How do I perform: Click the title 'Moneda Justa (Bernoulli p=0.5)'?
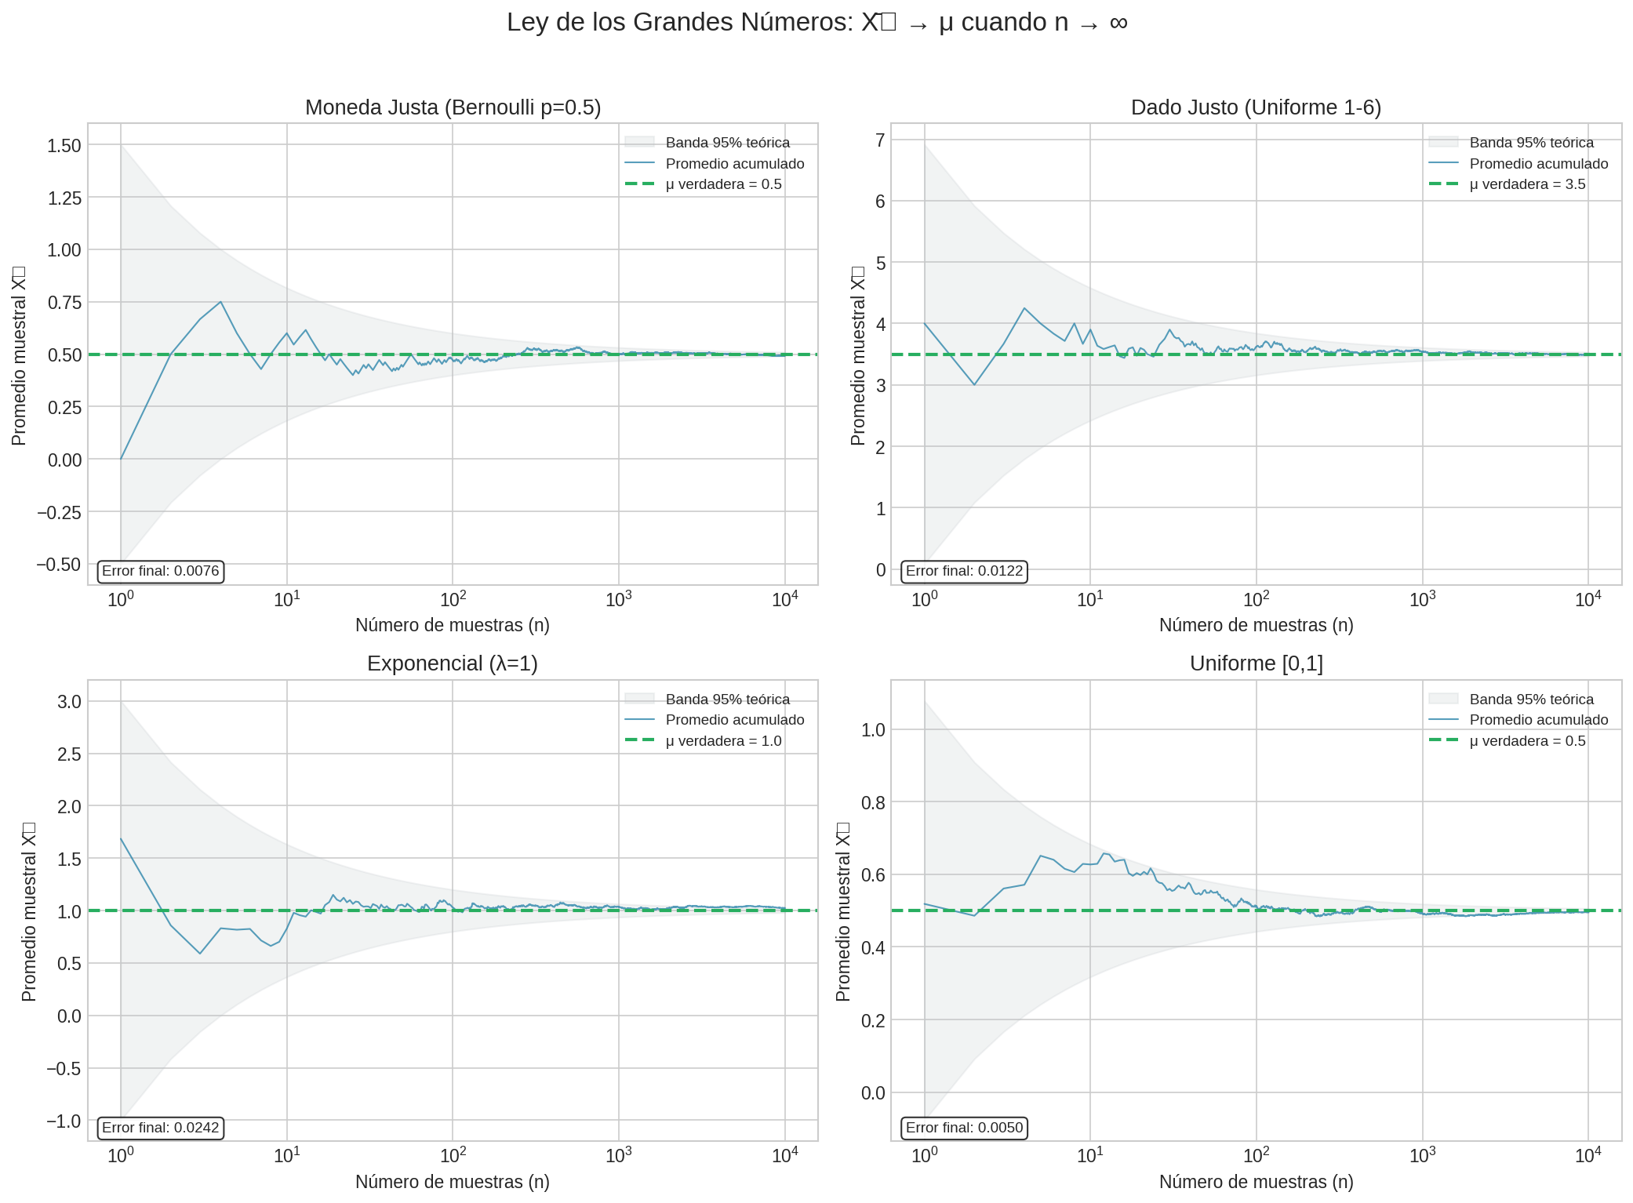[x=453, y=107]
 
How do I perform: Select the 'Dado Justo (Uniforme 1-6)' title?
[x=1256, y=107]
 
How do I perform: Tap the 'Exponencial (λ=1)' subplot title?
[x=453, y=663]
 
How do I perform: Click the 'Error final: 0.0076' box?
[x=161, y=571]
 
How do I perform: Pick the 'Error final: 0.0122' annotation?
[x=964, y=571]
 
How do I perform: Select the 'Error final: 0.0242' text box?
[x=161, y=1128]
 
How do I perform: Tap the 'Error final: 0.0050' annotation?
[x=964, y=1128]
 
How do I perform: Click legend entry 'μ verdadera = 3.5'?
[x=1527, y=184]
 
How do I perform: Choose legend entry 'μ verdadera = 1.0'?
[x=723, y=741]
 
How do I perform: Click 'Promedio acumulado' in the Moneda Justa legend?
[x=734, y=164]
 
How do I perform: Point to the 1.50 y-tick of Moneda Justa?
[x=64, y=145]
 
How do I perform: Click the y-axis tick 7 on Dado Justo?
[x=880, y=140]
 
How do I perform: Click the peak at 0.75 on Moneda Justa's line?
[x=221, y=302]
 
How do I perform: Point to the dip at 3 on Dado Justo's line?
[x=974, y=384]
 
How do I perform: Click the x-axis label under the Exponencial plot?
[x=453, y=1182]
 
